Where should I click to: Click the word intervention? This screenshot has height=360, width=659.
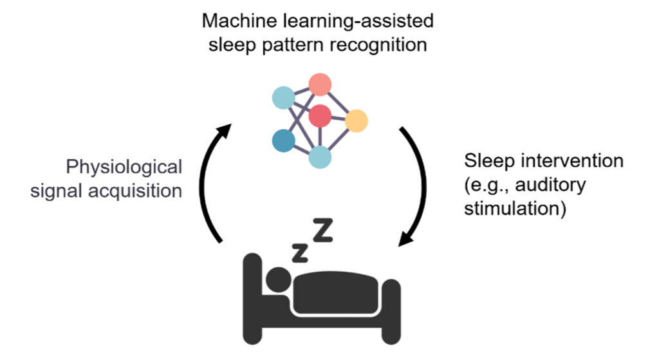coord(570,160)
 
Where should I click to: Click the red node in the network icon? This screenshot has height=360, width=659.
coord(320,117)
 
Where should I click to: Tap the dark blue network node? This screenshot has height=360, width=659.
coord(283,140)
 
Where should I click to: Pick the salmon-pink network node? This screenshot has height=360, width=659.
coord(320,84)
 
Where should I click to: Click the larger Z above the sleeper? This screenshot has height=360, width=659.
coord(323,231)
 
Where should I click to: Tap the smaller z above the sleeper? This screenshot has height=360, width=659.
coord(299,252)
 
